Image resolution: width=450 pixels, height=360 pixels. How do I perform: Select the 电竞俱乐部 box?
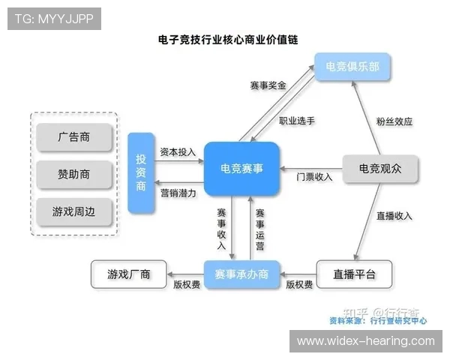[x=352, y=67]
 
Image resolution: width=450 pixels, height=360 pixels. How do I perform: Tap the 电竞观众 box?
[x=379, y=169]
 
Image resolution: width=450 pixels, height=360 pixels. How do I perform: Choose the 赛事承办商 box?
[x=241, y=274]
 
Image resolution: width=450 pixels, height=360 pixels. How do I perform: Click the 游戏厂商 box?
[x=129, y=274]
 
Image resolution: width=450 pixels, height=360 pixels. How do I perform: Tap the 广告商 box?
[x=73, y=137]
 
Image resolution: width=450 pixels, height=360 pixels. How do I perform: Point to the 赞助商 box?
[x=73, y=174]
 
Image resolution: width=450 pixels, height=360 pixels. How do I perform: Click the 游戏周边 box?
[x=73, y=211]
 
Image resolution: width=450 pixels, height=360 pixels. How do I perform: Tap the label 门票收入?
[x=314, y=177]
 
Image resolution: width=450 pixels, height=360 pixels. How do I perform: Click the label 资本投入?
[x=178, y=151]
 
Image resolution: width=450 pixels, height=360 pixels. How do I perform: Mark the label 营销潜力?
[x=178, y=193]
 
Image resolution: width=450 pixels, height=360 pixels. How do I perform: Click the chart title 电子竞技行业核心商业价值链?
[x=228, y=39]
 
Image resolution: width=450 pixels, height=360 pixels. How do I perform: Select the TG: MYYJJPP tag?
[x=54, y=19]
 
